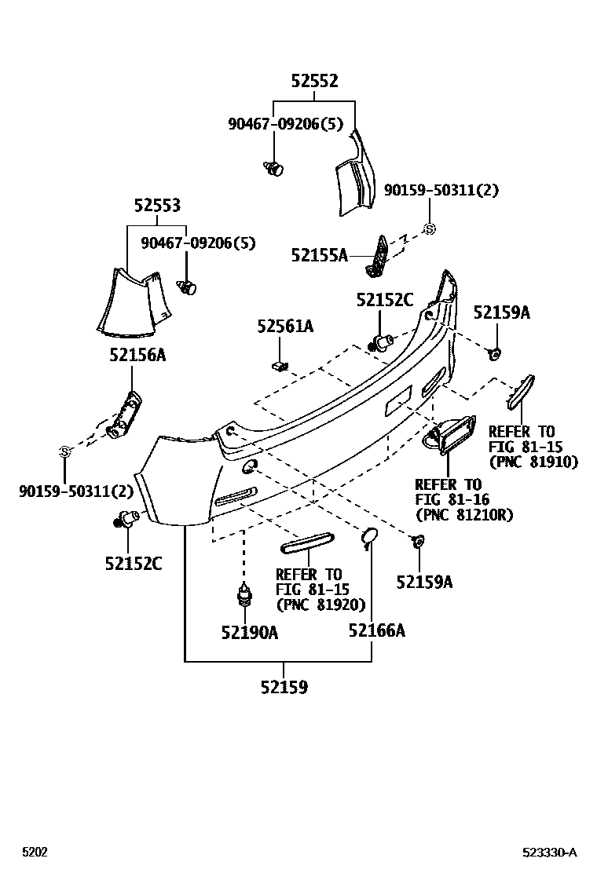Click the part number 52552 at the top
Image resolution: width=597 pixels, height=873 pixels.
point(314,81)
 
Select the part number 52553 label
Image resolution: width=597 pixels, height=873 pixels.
point(157,206)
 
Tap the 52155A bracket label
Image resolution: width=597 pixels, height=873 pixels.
point(319,254)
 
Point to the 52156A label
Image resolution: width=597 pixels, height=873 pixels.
point(137,355)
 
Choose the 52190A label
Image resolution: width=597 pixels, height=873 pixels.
point(251,632)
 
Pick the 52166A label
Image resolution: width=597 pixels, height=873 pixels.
point(377,630)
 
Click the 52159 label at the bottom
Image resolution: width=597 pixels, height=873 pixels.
point(284,688)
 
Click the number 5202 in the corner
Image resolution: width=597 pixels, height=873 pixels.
point(35,853)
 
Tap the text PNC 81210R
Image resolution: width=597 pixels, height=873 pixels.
point(463,515)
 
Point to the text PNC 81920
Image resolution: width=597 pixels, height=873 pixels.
point(320,605)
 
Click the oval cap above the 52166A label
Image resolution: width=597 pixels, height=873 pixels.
point(368,539)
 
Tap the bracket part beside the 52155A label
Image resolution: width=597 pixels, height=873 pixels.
point(378,256)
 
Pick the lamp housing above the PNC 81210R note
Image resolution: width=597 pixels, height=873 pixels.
point(449,433)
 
